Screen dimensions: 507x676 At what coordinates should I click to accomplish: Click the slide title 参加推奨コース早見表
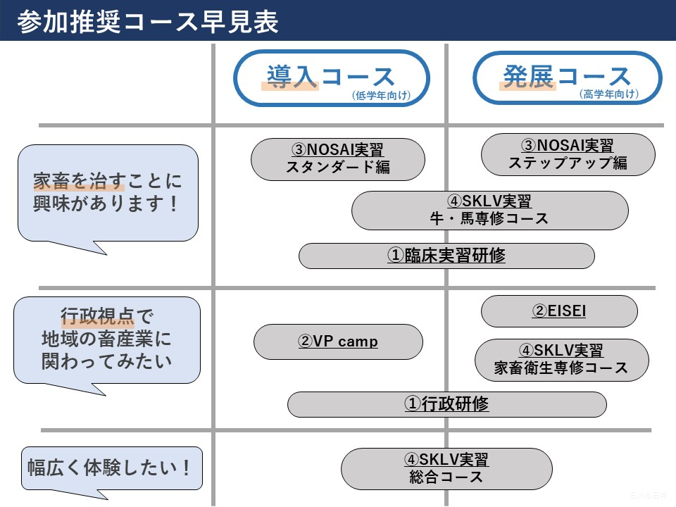point(149,21)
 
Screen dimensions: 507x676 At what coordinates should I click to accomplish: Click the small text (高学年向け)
point(608,94)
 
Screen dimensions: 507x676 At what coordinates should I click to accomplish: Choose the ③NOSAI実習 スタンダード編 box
point(338,158)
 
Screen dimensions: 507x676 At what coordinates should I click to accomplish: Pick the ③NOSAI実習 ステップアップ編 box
point(568,155)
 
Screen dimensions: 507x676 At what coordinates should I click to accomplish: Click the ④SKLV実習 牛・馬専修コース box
point(489,210)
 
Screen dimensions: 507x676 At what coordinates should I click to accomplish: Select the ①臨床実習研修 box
point(446,256)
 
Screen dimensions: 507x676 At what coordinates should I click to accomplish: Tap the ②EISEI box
point(559,311)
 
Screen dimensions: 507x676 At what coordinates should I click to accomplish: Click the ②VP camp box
point(338,342)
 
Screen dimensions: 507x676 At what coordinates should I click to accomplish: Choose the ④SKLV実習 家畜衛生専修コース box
point(561,359)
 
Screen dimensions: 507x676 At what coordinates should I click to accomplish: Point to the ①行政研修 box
point(446,404)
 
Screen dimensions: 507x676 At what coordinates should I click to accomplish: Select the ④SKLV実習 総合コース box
point(446,468)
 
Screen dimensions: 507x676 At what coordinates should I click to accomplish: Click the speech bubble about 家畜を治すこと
point(108,193)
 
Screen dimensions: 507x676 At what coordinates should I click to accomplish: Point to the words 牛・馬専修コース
point(489,218)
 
